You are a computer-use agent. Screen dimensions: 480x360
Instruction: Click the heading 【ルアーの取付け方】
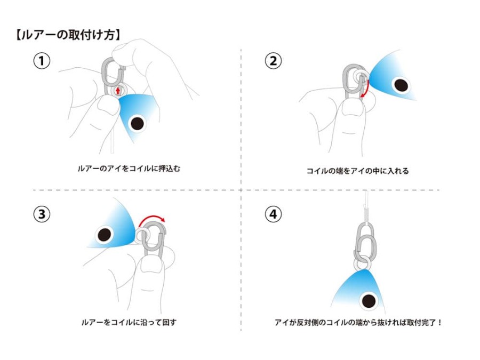68,35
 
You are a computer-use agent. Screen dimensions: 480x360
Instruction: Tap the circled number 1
42,61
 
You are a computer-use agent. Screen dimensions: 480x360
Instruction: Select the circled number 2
273,61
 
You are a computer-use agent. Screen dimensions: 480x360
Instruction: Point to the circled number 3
42,214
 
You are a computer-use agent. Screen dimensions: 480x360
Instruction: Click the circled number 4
273,214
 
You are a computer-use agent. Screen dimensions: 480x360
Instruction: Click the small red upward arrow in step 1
118,91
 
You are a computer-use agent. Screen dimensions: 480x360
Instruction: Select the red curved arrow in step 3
151,218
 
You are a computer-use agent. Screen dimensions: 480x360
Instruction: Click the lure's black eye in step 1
138,123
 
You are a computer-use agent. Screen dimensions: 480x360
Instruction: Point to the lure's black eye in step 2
401,85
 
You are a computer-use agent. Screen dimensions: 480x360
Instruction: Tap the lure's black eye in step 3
104,235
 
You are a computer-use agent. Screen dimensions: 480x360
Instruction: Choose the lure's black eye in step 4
369,301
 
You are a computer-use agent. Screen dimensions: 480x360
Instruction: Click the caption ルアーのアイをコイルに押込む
129,169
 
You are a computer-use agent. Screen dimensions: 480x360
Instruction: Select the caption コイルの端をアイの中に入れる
357,171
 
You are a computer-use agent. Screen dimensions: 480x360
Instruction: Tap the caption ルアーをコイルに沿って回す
129,322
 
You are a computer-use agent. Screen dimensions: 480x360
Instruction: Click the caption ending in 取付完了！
358,322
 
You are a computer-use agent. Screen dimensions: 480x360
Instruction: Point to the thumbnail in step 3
150,264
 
